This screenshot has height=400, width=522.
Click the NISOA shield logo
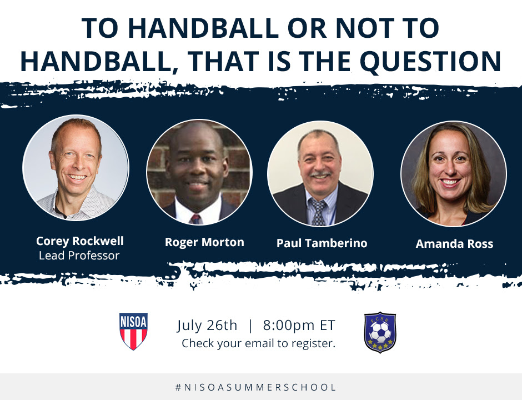pos(133,331)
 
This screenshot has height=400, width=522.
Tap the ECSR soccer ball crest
pos(380,332)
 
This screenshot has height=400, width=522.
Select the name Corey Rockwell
pos(79,241)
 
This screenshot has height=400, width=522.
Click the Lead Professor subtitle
pos(79,256)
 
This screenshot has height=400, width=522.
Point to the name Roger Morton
pos(204,242)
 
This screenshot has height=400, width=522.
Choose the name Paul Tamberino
pos(322,243)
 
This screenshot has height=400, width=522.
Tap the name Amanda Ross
pos(454,244)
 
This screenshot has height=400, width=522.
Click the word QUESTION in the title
pos(430,62)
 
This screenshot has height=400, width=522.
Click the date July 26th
pos(207,326)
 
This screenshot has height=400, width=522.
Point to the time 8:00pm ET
pos(299,325)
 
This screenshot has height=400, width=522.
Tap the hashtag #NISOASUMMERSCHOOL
pos(255,387)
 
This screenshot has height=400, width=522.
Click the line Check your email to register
pos(258,343)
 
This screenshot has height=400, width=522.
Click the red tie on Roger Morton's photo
pos(195,219)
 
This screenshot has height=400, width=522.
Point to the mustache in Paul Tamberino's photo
pos(320,174)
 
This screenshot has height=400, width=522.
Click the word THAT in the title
pos(225,62)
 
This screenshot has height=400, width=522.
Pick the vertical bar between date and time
pos(250,326)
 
